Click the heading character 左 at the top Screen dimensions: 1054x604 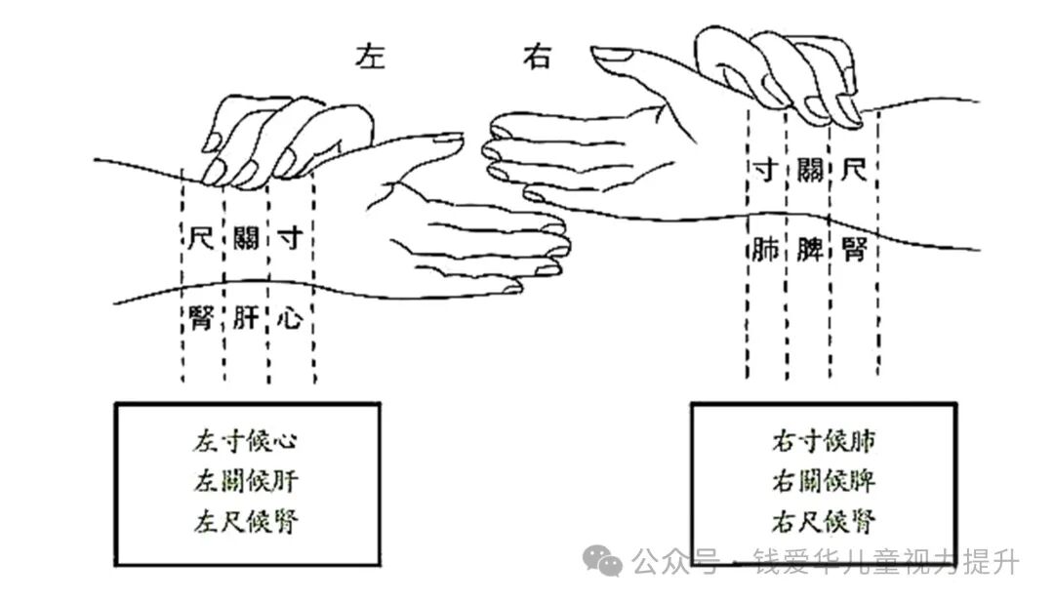pos(370,57)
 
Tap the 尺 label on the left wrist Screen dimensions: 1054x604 pos(201,237)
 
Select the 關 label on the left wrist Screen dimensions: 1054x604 pos(246,237)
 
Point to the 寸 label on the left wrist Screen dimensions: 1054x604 pos(290,237)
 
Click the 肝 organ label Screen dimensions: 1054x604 pos(246,317)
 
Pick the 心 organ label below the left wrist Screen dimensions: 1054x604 pos(290,317)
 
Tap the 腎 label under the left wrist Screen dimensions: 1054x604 pos(201,317)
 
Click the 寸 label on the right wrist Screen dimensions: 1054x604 pos(765,174)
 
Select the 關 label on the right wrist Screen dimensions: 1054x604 pos(809,174)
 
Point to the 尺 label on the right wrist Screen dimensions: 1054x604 pos(853,174)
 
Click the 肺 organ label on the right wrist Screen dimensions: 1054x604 pos(765,251)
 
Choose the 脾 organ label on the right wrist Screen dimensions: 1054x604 pos(809,251)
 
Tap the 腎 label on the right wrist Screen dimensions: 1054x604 pos(853,251)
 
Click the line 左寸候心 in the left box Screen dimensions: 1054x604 pos(246,441)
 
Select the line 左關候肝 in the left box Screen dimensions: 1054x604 pos(246,481)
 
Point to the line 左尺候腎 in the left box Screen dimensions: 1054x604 pos(246,521)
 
